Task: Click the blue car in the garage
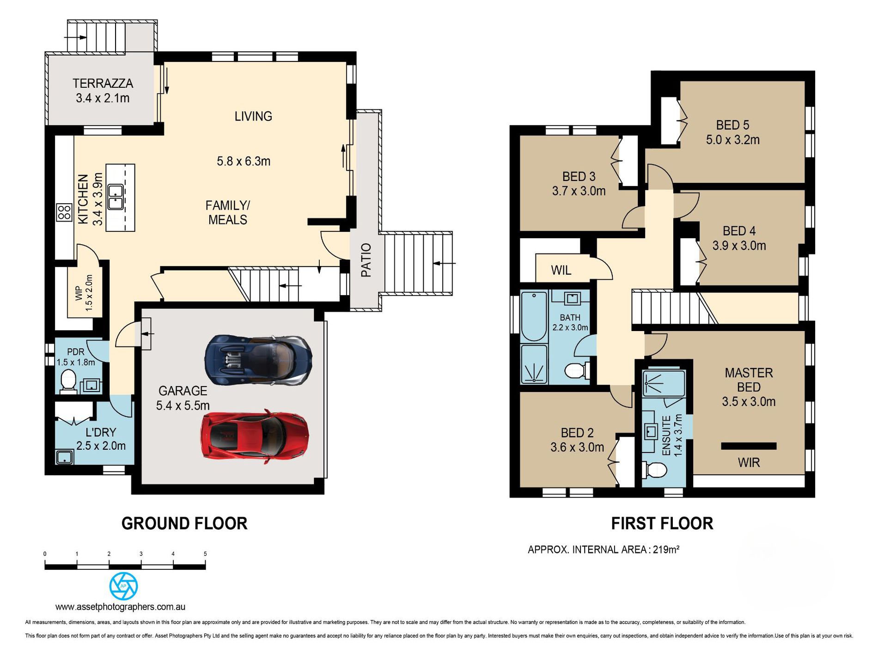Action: coord(259,360)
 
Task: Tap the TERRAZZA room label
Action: coord(103,84)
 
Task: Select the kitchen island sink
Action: coord(115,197)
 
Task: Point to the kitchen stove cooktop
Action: coord(64,212)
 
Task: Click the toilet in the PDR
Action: coord(68,381)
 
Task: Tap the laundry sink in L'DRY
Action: coord(64,457)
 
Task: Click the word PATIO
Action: coord(366,260)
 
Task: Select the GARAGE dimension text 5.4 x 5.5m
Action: coord(183,406)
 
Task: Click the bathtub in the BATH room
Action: coord(534,316)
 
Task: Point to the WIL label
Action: coord(561,270)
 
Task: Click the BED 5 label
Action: coord(732,125)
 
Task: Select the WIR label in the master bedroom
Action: coord(749,463)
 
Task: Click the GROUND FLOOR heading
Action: coord(184,524)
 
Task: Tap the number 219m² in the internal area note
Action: coord(666,549)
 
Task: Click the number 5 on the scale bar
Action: coord(205,554)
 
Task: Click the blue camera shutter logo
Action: coord(123,586)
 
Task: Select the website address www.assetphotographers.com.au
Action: coord(120,607)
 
